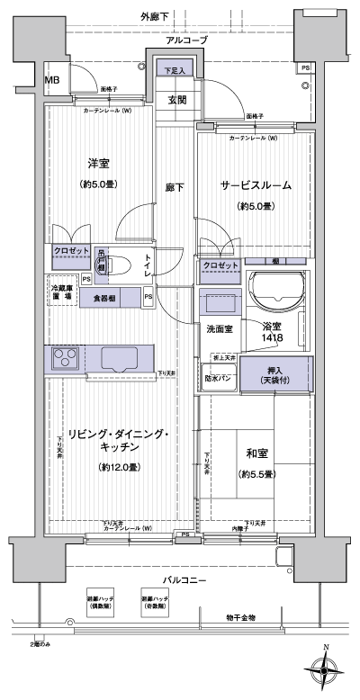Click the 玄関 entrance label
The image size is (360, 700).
[x=175, y=100]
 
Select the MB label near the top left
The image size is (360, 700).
[x=53, y=79]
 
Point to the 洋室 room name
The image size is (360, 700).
[x=99, y=164]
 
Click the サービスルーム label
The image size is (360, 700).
[x=256, y=186]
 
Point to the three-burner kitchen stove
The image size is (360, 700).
[x=65, y=359]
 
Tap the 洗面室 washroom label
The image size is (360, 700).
[x=220, y=329]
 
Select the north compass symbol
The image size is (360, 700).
[x=327, y=669]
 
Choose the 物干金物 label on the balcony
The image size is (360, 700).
[x=240, y=618]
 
